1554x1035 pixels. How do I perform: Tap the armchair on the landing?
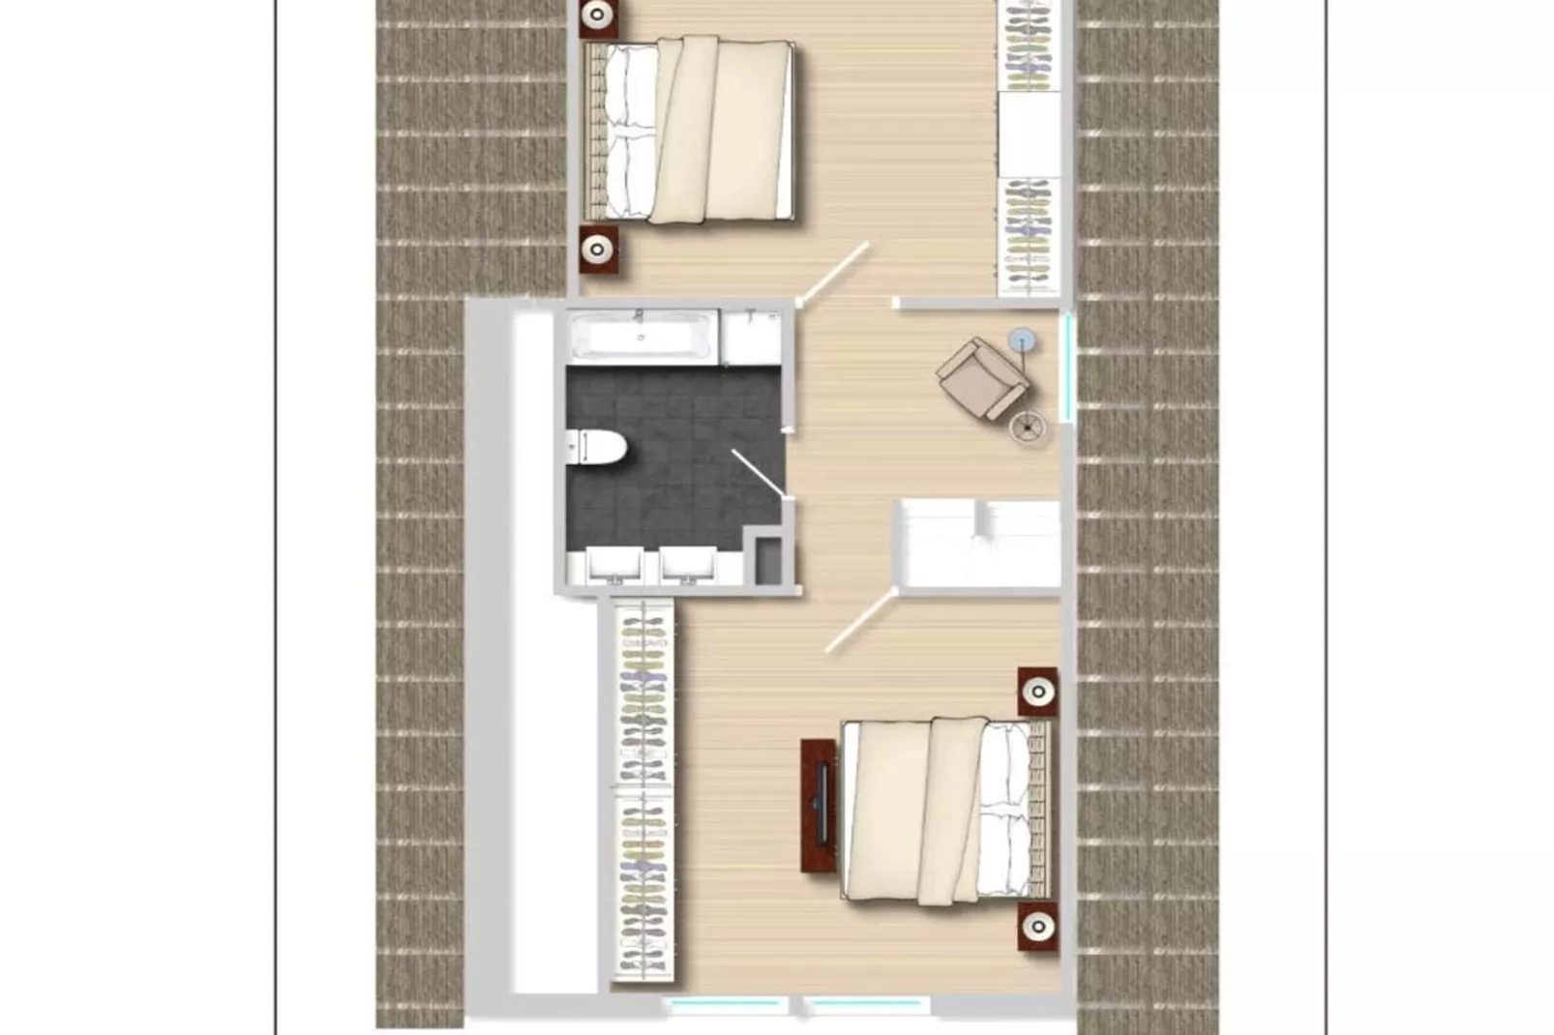[x=979, y=376]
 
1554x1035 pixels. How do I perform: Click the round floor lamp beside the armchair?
[x=1022, y=340]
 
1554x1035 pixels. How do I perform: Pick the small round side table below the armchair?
[x=1027, y=426]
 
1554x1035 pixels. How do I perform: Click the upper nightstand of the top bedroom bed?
[x=598, y=16]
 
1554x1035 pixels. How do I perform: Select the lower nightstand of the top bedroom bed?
[x=598, y=250]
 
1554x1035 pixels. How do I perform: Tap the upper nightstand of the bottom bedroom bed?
[x=1037, y=692]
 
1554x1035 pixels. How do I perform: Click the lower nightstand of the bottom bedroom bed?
[x=1037, y=927]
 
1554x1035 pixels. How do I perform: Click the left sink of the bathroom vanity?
[x=615, y=565]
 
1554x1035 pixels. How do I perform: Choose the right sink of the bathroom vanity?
[x=688, y=565]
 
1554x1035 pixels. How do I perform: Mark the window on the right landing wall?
[x=1068, y=366]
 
